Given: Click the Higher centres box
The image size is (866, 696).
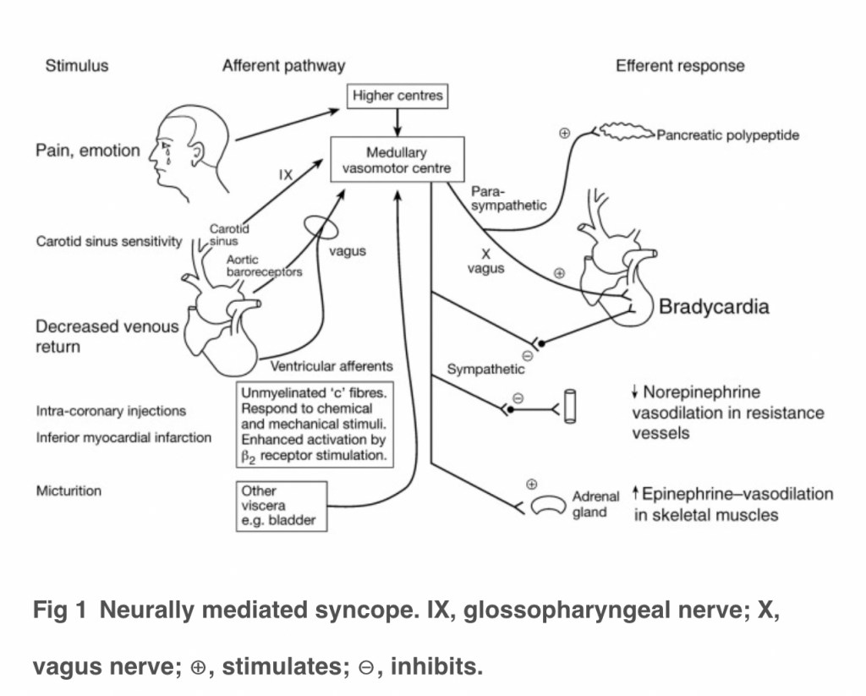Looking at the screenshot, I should click(397, 96).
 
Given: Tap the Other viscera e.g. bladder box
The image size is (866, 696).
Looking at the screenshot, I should click(282, 506).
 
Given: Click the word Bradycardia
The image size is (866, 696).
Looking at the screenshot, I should click(714, 307).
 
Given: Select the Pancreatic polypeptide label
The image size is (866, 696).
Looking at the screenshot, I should click(727, 135).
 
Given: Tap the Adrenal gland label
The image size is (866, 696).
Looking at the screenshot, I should click(595, 504).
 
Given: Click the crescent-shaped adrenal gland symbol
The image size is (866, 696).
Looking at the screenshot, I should click(548, 505).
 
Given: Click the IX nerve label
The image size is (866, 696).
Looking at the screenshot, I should click(286, 176).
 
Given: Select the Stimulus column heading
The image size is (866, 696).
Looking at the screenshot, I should click(77, 66).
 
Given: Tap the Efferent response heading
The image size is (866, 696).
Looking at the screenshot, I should click(680, 66).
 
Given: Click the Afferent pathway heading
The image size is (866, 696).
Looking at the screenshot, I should click(283, 66).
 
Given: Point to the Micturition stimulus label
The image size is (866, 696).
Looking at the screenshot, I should click(69, 490).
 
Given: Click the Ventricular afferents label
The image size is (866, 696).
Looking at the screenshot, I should click(332, 367).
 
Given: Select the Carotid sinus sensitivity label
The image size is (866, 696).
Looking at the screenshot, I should click(109, 242).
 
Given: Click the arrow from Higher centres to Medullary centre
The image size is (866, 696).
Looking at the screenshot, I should click(397, 121).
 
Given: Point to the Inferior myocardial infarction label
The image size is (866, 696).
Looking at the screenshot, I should click(123, 437).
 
